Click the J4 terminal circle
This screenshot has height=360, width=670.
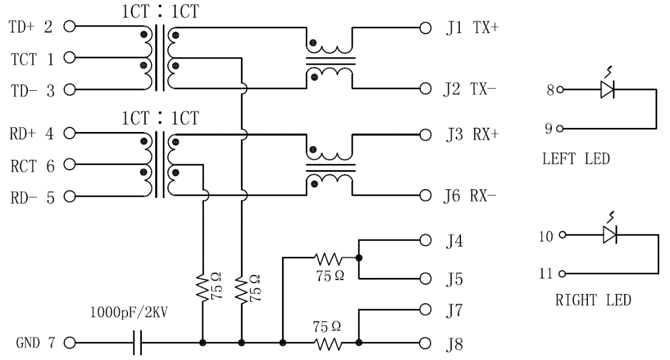coord(426,239)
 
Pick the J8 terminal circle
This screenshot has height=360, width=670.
coord(426,343)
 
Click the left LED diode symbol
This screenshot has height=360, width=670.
coord(607,90)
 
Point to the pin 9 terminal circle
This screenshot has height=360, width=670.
coord(559,128)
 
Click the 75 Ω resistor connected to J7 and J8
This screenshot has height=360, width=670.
coord(329,343)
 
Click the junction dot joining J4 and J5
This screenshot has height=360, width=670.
coord(359,256)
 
